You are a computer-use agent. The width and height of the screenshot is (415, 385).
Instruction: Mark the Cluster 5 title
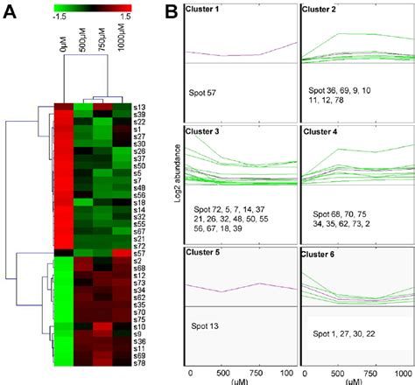[x=204, y=254]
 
